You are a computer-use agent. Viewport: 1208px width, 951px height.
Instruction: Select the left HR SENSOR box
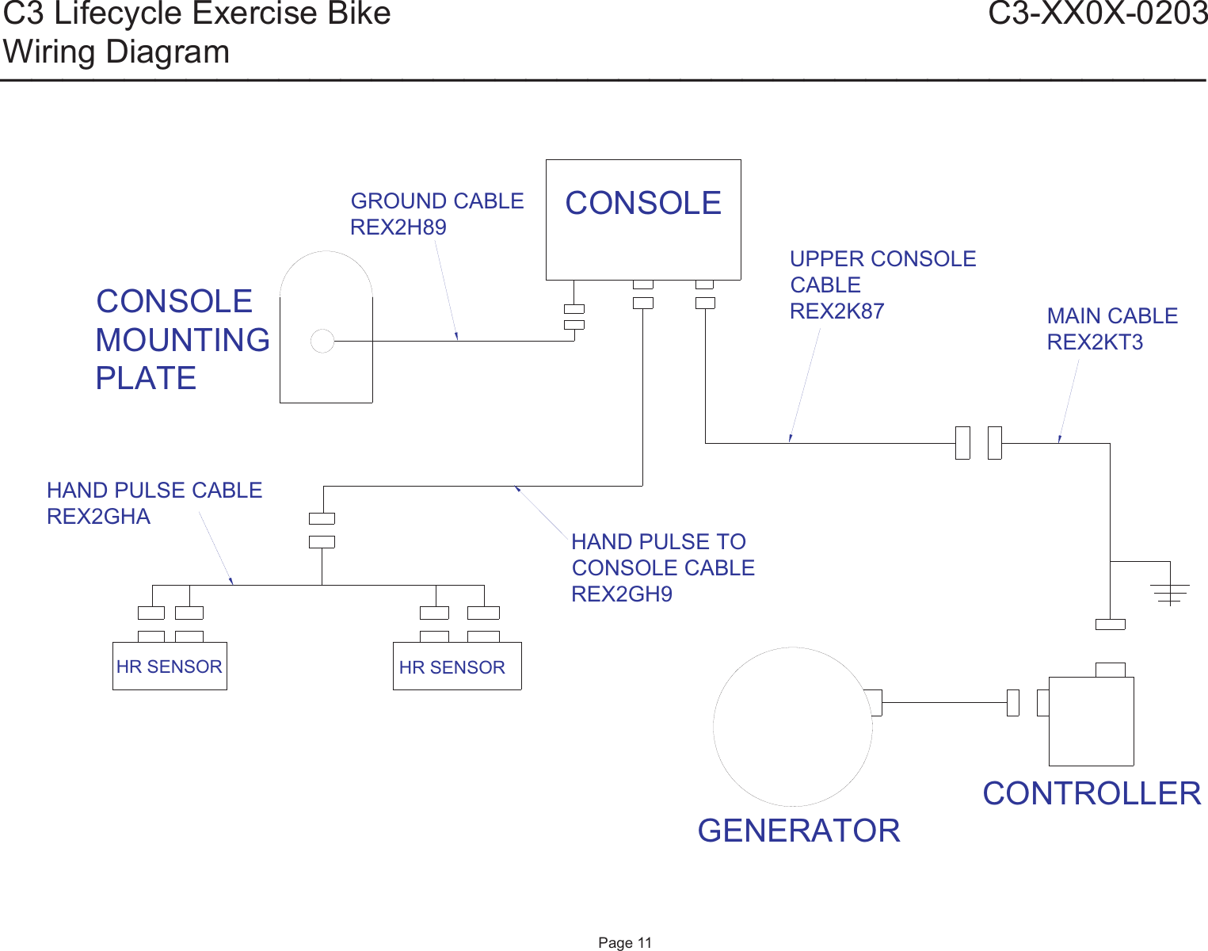click(x=170, y=666)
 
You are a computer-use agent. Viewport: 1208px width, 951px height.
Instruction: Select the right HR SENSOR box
click(x=457, y=666)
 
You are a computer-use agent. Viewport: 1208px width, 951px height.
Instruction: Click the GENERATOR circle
click(x=792, y=727)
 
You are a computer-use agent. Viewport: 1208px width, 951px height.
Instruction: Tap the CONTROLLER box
click(x=1091, y=721)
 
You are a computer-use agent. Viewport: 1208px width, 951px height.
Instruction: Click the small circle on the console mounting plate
click(x=322, y=341)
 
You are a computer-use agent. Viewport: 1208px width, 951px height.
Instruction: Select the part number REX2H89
click(x=398, y=227)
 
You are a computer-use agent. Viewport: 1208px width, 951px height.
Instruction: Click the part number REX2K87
click(x=836, y=311)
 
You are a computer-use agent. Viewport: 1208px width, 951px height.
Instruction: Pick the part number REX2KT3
click(x=1095, y=342)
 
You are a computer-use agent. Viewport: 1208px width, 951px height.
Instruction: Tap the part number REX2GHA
click(x=98, y=517)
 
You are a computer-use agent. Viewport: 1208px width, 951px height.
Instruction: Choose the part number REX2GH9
click(x=622, y=594)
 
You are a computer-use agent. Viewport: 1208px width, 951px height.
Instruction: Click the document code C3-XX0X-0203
click(x=1097, y=14)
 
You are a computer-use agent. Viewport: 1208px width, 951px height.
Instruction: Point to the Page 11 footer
click(x=625, y=942)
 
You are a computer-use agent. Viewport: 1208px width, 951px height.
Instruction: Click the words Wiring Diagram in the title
click(x=116, y=52)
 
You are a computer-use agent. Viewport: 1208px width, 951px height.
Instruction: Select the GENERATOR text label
click(x=798, y=831)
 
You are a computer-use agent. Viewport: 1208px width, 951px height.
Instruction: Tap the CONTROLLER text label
click(x=1092, y=793)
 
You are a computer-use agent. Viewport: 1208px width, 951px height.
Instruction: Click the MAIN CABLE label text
click(x=1112, y=316)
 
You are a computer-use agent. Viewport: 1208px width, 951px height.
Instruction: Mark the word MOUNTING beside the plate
click(x=182, y=340)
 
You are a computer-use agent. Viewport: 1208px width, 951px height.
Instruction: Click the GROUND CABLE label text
click(x=437, y=201)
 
